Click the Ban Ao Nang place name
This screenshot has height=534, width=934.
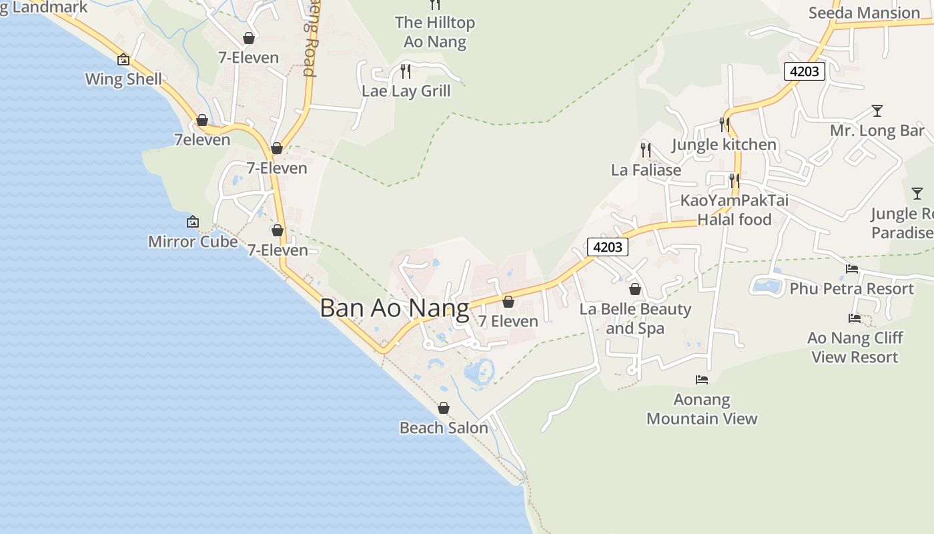tap(394, 308)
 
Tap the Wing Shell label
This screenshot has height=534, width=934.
tap(123, 79)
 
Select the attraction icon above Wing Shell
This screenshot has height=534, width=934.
tap(123, 59)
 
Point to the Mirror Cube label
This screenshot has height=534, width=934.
tap(193, 241)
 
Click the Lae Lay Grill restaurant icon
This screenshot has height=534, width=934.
tap(405, 70)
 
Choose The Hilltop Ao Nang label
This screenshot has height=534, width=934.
tap(435, 32)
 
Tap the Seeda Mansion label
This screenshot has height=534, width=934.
tap(864, 13)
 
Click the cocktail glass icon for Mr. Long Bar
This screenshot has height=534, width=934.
tap(877, 111)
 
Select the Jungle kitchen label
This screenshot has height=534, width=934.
tap(724, 144)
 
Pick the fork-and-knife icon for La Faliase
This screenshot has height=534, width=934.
tap(645, 149)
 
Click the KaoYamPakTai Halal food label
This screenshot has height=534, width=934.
tap(734, 210)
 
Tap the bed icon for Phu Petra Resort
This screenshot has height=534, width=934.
tap(852, 269)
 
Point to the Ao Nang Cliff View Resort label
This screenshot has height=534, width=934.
tap(855, 347)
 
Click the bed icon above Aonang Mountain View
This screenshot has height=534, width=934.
tap(701, 380)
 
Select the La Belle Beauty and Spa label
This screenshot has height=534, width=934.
tap(635, 318)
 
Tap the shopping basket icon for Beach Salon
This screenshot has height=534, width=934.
tap(444, 408)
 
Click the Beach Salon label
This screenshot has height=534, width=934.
tap(444, 427)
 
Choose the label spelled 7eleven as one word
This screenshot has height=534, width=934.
tap(202, 140)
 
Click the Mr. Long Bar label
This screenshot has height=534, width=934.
tap(877, 130)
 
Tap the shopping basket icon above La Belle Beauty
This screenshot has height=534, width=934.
tap(635, 289)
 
